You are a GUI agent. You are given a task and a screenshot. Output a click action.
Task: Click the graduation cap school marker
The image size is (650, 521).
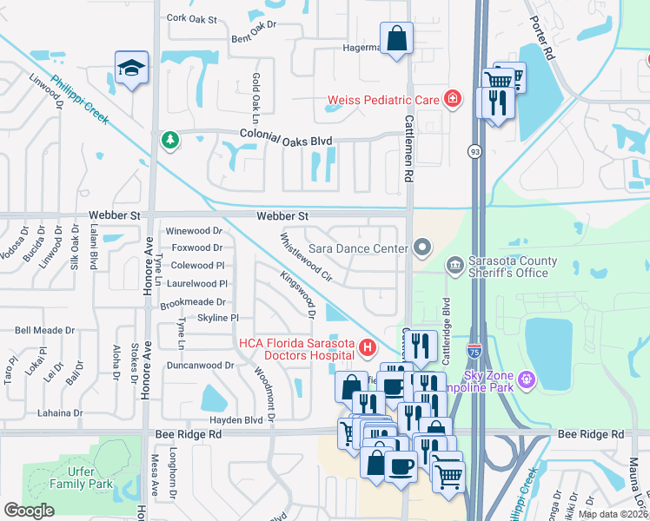[131, 67]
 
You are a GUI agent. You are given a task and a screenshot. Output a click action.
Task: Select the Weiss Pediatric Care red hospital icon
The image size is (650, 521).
[452, 100]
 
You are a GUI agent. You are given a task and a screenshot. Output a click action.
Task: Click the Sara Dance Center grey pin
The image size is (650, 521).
[422, 248]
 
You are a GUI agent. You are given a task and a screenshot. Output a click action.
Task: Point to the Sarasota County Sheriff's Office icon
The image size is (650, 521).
[454, 264]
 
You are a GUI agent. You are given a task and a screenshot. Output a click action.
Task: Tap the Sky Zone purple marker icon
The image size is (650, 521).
[527, 379]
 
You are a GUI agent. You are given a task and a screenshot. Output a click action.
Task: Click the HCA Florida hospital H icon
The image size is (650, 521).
[368, 349]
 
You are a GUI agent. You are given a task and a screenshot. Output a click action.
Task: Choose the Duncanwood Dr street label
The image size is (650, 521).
[200, 366]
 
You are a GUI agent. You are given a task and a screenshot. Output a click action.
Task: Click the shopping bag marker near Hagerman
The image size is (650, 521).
[396, 39]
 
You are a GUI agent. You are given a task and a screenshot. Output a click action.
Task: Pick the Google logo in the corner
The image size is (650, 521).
[29, 510]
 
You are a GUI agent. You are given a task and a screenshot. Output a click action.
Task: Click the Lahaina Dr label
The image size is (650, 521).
[53, 413]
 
